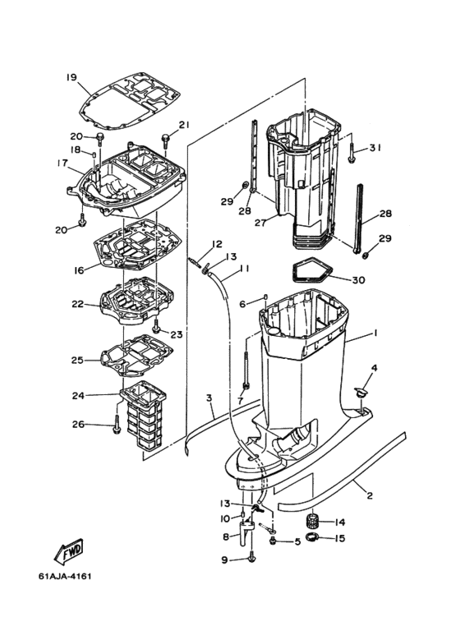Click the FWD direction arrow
(69, 551)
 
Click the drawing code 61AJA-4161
(65, 576)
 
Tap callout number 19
(71, 77)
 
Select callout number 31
(375, 148)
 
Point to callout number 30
(358, 280)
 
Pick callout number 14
(340, 522)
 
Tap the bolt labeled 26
(116, 424)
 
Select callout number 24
(78, 395)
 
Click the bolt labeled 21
(166, 142)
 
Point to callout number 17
(62, 163)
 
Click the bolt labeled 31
(351, 153)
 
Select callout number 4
(374, 368)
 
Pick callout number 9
(225, 560)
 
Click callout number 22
(78, 304)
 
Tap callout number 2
(370, 495)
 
